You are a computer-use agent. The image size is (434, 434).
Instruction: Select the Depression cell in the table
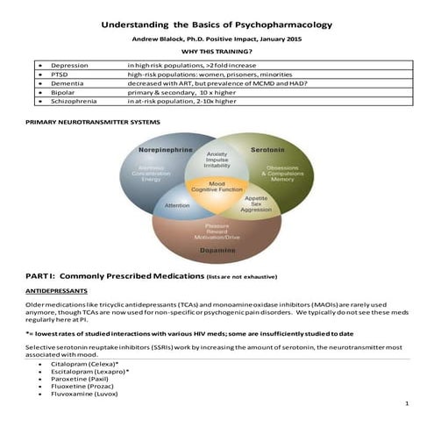69,66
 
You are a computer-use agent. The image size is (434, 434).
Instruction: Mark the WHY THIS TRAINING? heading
217,53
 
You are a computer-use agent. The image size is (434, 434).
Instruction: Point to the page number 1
409,404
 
